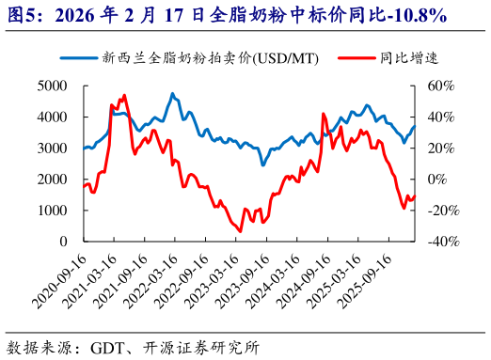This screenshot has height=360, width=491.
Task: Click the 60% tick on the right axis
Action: point(440,86)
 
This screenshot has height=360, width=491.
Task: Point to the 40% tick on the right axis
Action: point(440,117)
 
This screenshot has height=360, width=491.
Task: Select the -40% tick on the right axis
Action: point(440,241)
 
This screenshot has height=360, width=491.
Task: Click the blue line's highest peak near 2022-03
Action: point(172,94)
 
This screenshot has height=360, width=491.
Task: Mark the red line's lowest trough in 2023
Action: point(240,230)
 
